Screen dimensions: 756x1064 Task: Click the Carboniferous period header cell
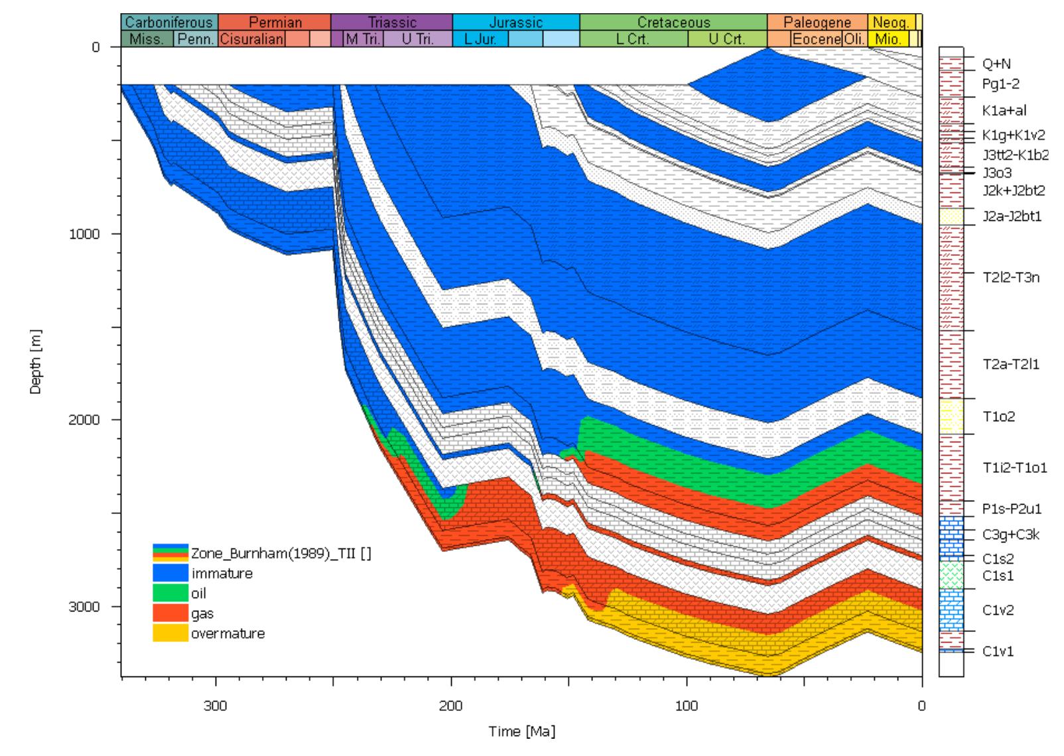pyautogui.click(x=169, y=23)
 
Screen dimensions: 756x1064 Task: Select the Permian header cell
pyautogui.click(x=275, y=23)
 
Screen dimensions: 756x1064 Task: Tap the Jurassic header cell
pyautogui.click(x=515, y=23)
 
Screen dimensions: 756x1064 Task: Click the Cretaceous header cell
pyautogui.click(x=673, y=23)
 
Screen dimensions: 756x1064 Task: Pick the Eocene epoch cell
pyautogui.click(x=817, y=39)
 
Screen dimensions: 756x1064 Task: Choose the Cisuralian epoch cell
pyautogui.click(x=251, y=39)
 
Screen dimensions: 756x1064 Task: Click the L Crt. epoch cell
pyautogui.click(x=632, y=39)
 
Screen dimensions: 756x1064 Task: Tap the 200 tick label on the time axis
pyautogui.click(x=451, y=705)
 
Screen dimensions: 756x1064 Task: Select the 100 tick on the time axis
pyautogui.click(x=687, y=705)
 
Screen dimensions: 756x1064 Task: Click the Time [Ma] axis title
pyautogui.click(x=521, y=732)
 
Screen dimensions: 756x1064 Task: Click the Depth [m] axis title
pyautogui.click(x=35, y=361)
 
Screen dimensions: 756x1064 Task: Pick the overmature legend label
pyautogui.click(x=228, y=634)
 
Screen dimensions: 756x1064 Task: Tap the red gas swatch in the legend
pyautogui.click(x=170, y=613)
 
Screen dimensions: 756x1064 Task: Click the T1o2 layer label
pyautogui.click(x=998, y=417)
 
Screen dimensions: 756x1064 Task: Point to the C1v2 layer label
pyautogui.click(x=998, y=610)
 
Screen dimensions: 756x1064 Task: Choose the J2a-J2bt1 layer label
pyautogui.click(x=1012, y=216)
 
